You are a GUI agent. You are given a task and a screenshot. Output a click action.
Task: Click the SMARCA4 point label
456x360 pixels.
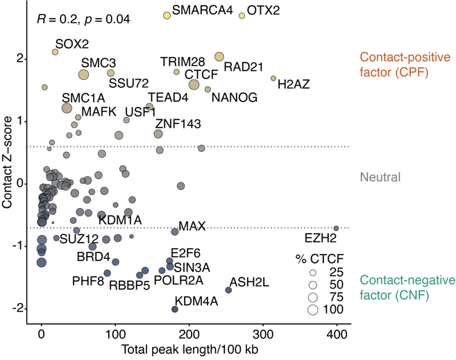203,11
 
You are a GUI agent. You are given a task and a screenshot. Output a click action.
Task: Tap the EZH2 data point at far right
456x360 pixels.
336,228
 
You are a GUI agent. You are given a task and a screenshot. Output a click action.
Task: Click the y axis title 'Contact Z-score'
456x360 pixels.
8,163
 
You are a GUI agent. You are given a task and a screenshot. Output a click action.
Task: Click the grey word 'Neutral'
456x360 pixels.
380,177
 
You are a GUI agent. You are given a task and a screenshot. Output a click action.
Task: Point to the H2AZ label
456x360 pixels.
293,85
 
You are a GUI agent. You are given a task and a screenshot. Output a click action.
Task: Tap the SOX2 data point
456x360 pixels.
56,52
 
